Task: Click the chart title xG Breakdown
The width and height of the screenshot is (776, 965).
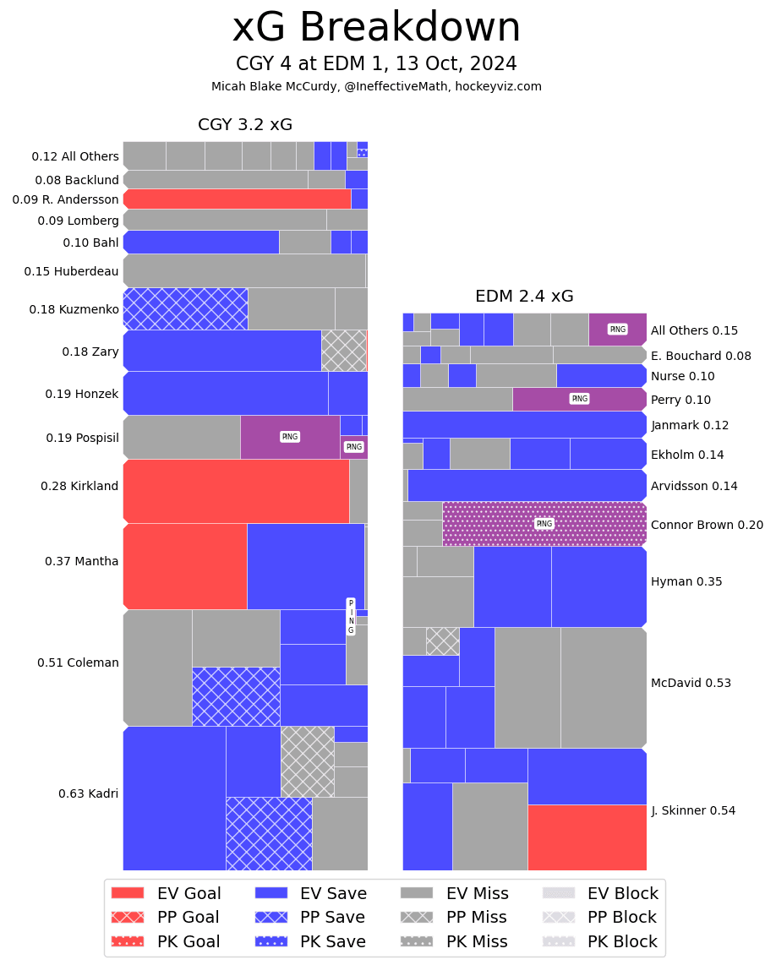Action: tap(376, 28)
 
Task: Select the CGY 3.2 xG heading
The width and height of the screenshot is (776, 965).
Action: tap(245, 125)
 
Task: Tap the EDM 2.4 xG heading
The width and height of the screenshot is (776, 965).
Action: tap(524, 297)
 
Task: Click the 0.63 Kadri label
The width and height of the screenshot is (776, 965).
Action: tap(88, 793)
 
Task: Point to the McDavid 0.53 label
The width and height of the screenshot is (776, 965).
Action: tap(691, 683)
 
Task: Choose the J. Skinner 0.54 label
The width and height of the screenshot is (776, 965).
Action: tap(693, 810)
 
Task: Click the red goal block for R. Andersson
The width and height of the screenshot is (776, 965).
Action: tap(237, 199)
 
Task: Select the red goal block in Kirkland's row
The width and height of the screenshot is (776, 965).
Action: tap(236, 491)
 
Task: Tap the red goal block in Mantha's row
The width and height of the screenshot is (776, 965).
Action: tap(185, 566)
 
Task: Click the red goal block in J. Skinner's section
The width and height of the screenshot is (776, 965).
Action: tap(587, 837)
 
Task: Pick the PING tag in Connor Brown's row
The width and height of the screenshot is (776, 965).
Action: tap(544, 524)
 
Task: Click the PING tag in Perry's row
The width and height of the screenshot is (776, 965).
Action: tap(579, 399)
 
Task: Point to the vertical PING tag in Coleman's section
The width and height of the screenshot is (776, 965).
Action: tap(351, 617)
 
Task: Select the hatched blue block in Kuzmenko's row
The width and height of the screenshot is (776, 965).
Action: tap(185, 308)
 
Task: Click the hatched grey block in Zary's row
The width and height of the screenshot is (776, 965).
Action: tap(343, 350)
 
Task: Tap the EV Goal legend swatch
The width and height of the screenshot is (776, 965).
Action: tap(128, 893)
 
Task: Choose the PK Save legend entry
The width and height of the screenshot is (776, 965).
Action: tap(312, 941)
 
